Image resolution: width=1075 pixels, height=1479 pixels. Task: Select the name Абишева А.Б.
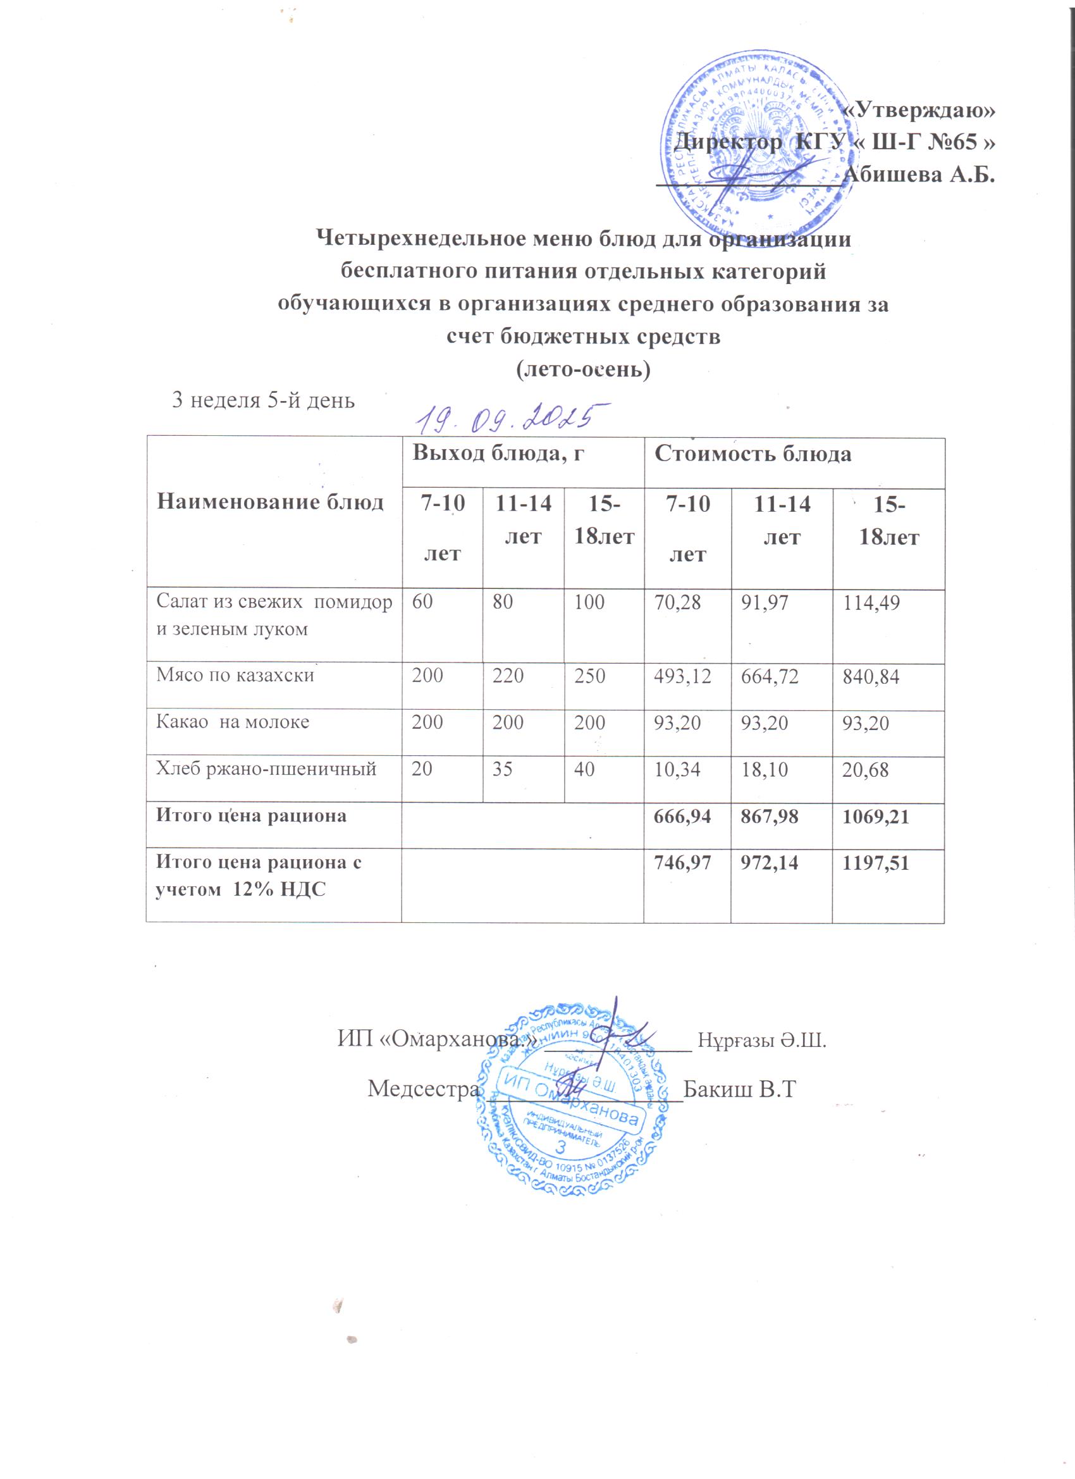pos(919,175)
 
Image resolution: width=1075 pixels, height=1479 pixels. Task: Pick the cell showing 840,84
pos(870,677)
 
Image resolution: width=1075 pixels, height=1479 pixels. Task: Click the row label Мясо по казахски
pos(235,675)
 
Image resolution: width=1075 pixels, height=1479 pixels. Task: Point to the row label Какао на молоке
pos(232,722)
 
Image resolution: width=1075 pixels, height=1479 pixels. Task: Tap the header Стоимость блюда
pos(752,455)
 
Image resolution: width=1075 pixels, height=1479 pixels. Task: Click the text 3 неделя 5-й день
pos(262,400)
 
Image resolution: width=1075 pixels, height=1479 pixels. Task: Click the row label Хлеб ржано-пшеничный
pos(266,769)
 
